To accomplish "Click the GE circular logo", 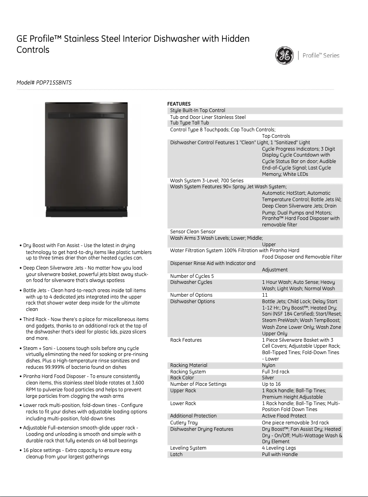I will point(284,56).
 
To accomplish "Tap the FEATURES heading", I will point(179,104).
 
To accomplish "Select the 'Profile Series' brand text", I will point(321,56).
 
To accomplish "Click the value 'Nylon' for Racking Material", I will point(268,365).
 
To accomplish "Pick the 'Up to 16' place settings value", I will point(271,384).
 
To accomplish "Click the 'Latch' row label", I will point(176,454).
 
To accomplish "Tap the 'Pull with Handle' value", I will point(280,454).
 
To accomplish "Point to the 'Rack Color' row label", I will point(182,378).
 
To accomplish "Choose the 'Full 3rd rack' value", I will point(276,372).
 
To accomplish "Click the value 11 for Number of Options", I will point(265,295).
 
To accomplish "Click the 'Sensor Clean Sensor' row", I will point(193,232).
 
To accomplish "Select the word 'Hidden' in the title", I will point(235,39).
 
